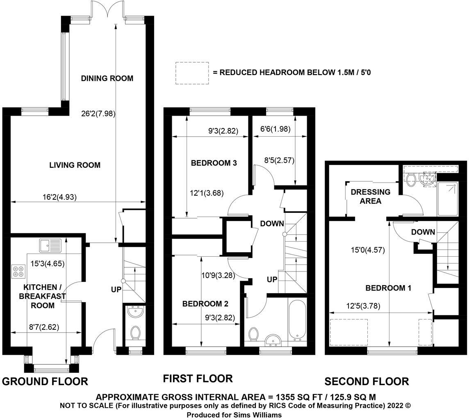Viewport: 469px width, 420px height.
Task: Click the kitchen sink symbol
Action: click(x=50, y=245)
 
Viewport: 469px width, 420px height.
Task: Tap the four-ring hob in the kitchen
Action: click(x=18, y=271)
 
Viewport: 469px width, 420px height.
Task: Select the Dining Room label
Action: click(x=107, y=78)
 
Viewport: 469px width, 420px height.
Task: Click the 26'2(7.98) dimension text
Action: click(x=98, y=114)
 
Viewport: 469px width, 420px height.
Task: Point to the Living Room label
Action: click(x=75, y=165)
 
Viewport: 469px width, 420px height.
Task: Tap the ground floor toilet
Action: click(x=136, y=333)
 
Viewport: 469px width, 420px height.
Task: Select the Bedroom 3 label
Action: click(x=214, y=163)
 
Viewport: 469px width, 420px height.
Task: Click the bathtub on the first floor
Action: click(x=297, y=320)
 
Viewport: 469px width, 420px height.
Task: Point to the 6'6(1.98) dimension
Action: click(x=275, y=129)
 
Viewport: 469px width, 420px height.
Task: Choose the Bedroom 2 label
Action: click(x=205, y=304)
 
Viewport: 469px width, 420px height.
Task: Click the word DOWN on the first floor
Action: click(x=272, y=224)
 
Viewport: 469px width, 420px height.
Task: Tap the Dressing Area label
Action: click(x=371, y=196)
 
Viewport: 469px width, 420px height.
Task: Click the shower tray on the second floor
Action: click(x=447, y=199)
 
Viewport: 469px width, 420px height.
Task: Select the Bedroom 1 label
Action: click(x=388, y=288)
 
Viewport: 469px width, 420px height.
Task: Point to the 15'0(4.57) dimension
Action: click(x=368, y=250)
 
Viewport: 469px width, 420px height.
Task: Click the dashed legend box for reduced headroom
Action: click(x=192, y=73)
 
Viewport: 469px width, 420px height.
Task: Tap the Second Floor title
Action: click(x=367, y=381)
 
